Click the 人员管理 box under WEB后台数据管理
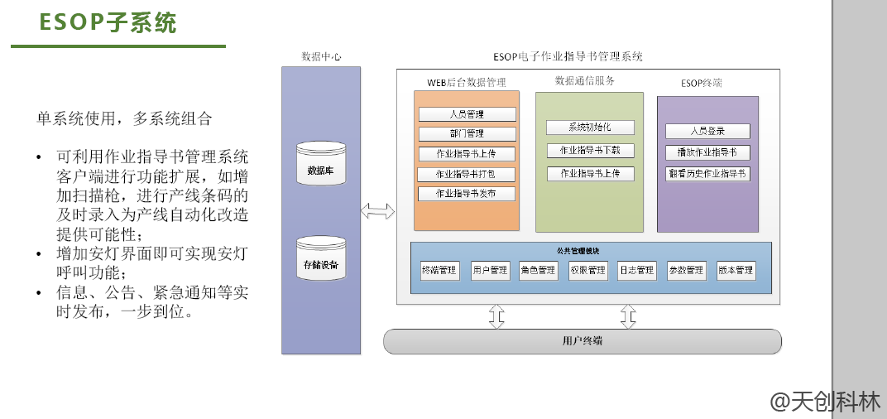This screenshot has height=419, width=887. pos(467,114)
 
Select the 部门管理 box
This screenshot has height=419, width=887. pos(467,134)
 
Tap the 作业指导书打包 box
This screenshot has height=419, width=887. pos(467,174)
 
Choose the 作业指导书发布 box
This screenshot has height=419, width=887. pos(467,194)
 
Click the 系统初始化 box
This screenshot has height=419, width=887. pos(589,128)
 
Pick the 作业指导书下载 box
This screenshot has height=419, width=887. pos(589,151)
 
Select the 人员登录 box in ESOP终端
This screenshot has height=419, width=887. pos(707,131)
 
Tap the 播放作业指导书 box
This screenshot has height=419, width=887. pos(707,152)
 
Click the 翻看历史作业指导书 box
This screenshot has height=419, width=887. pos(707,174)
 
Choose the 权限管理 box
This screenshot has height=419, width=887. pos(587,270)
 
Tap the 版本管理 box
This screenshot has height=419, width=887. pos(735,270)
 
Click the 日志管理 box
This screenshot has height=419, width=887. pos(636,270)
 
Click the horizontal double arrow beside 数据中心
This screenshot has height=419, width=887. pos(378,211)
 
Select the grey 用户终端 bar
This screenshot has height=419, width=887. pos(583,341)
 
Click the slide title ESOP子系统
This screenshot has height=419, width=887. pos(108,23)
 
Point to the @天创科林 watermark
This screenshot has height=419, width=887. pos(825,402)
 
